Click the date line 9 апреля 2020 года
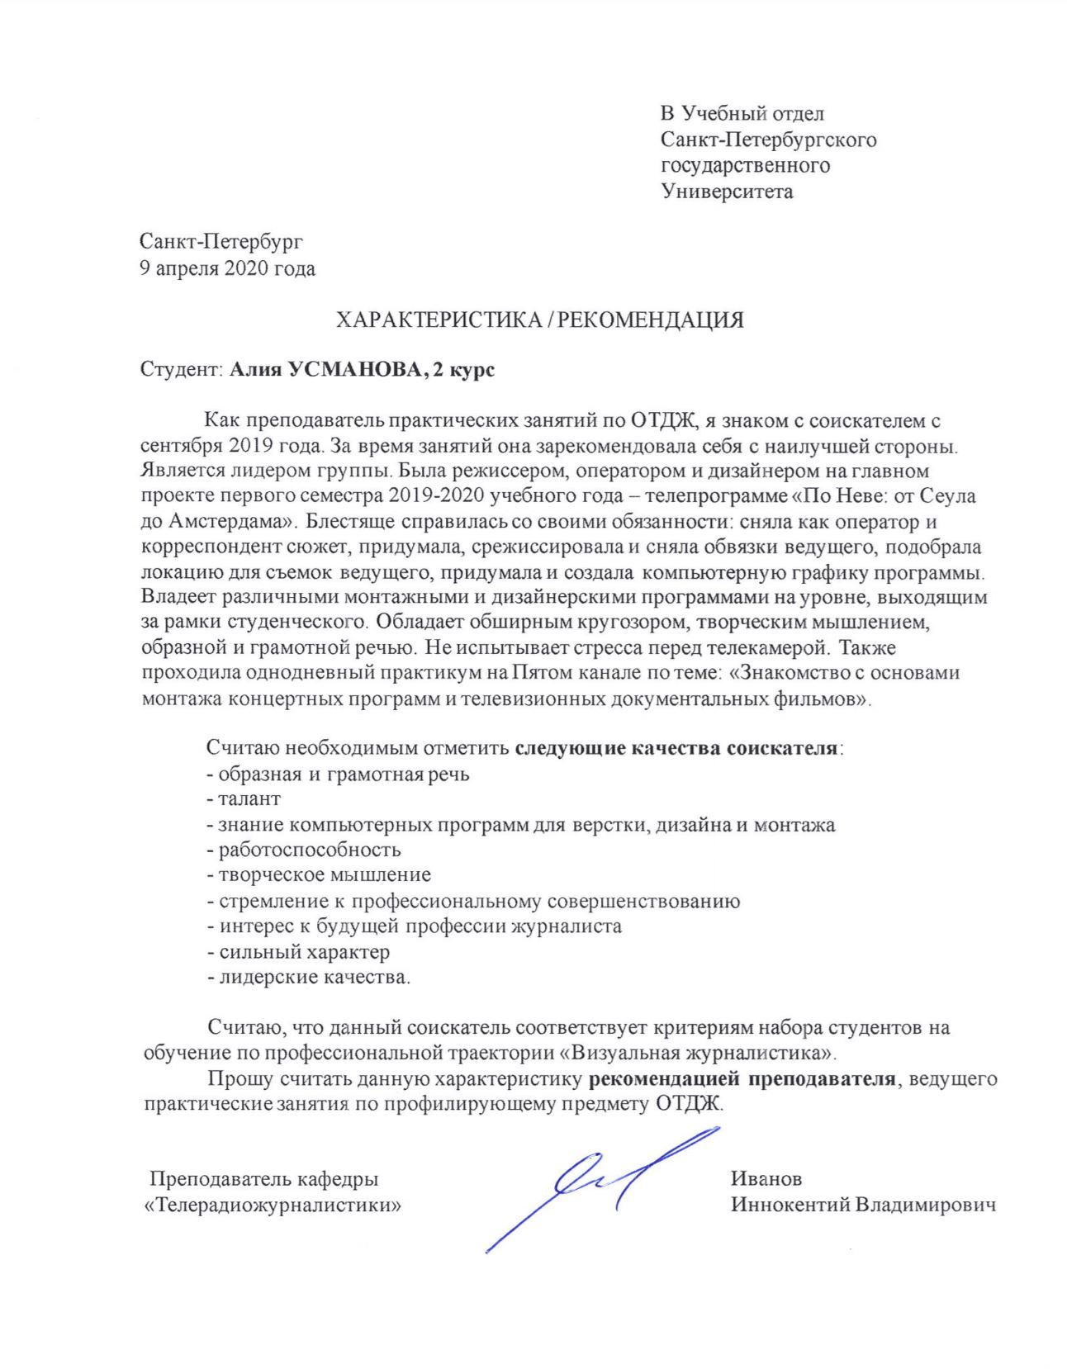(227, 268)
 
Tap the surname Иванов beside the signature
(766, 1178)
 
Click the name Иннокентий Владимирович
(862, 1205)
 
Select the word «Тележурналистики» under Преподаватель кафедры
(273, 1205)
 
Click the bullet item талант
(249, 798)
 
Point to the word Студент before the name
(179, 370)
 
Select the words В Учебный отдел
(741, 113)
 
